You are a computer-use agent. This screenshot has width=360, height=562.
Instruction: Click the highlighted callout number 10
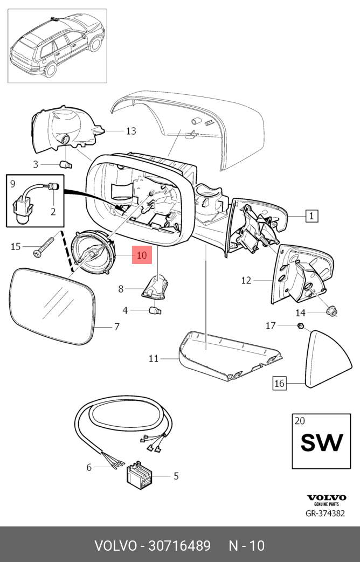[x=141, y=255]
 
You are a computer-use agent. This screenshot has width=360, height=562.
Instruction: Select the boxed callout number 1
[x=311, y=216]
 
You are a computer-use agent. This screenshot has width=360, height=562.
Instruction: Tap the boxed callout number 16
[x=279, y=384]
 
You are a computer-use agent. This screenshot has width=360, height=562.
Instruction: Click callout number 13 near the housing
[x=131, y=131]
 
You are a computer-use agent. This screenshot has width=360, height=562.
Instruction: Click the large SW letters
[x=321, y=443]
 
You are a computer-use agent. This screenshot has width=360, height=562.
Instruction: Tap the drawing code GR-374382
[x=324, y=514]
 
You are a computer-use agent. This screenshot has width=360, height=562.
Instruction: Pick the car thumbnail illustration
[x=57, y=46]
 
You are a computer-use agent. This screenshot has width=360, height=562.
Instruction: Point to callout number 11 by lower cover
[x=154, y=358]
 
